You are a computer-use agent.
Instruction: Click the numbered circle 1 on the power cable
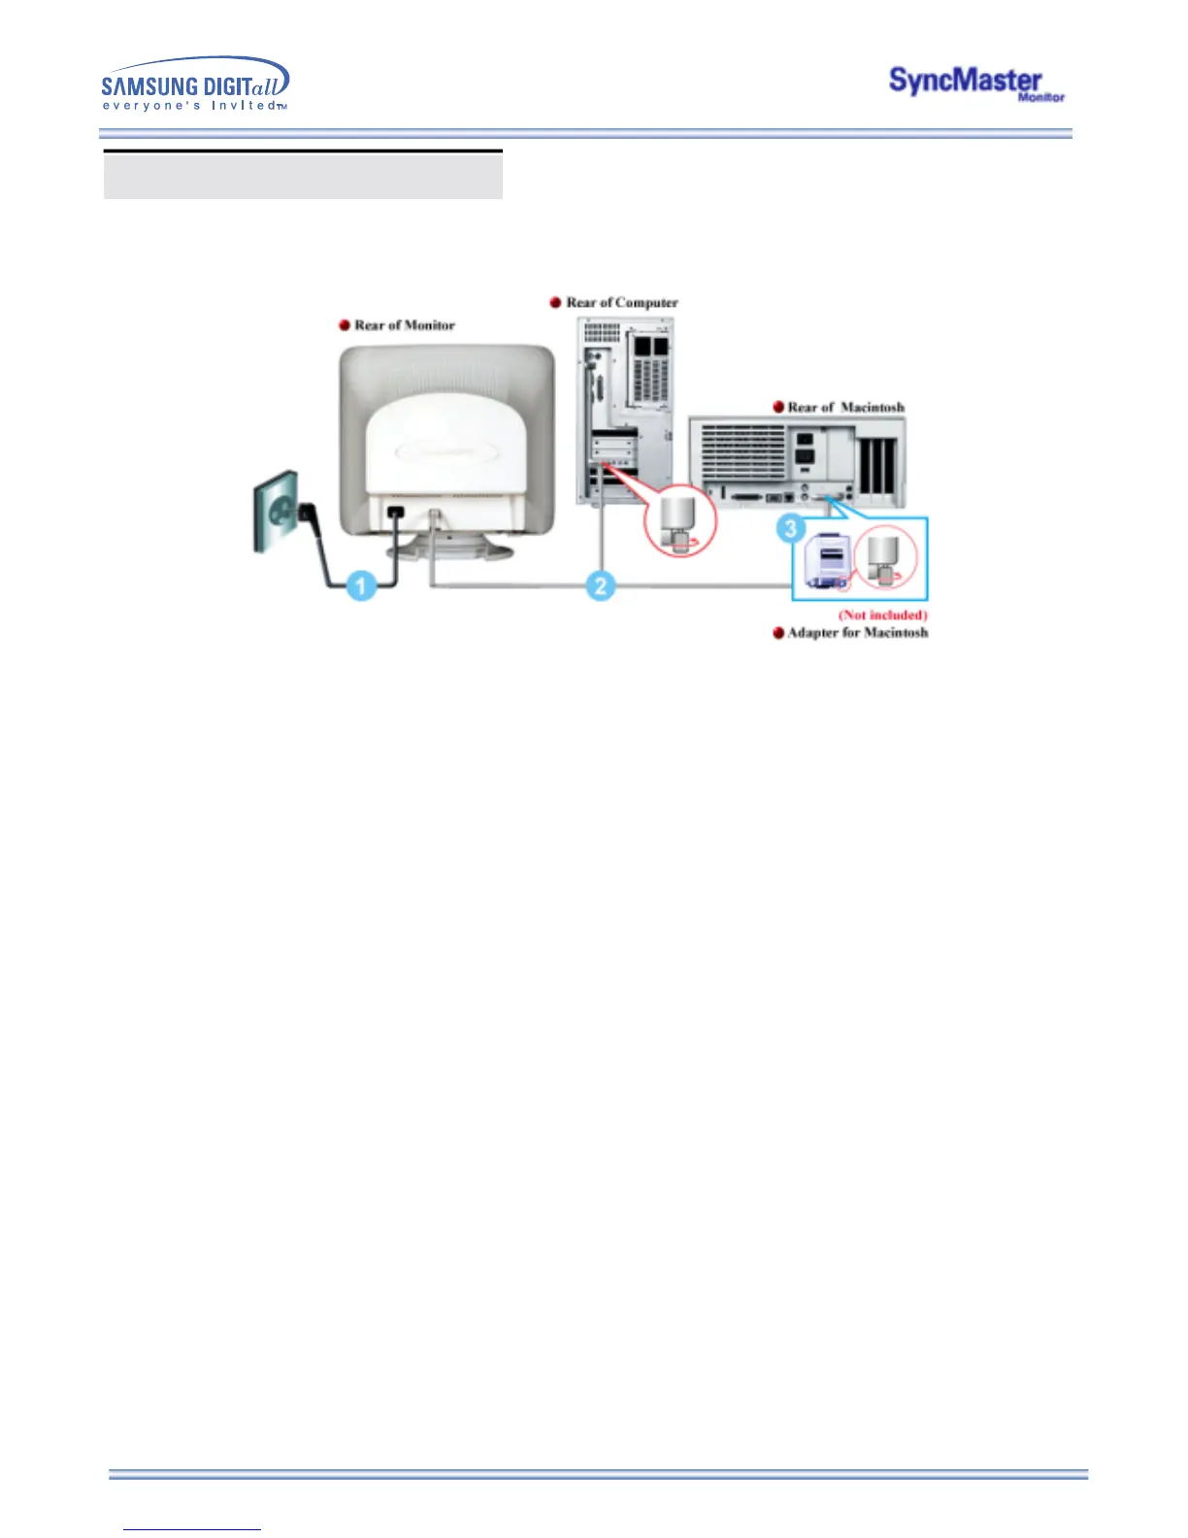pyautogui.click(x=362, y=585)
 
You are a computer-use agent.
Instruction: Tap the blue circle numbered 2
pyautogui.click(x=601, y=585)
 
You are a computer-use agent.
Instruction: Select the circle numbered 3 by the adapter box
pyautogui.click(x=791, y=529)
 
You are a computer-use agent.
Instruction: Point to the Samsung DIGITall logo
pyautogui.click(x=195, y=84)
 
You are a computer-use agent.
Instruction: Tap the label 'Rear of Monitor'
pyautogui.click(x=405, y=325)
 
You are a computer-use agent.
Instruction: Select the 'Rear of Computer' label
pyautogui.click(x=622, y=302)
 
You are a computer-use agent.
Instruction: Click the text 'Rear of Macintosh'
pyautogui.click(x=845, y=407)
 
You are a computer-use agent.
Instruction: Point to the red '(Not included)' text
pyautogui.click(x=883, y=615)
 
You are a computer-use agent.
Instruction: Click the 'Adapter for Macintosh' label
pyautogui.click(x=857, y=632)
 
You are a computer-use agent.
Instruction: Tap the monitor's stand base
pyautogui.click(x=448, y=552)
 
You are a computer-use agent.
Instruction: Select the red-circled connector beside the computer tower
pyautogui.click(x=680, y=520)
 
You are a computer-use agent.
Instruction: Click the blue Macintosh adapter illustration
pyautogui.click(x=825, y=563)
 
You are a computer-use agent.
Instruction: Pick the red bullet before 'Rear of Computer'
pyautogui.click(x=556, y=302)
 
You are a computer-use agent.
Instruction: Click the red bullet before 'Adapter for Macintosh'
pyautogui.click(x=778, y=633)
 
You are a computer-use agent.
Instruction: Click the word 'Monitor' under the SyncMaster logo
pyautogui.click(x=1041, y=98)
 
